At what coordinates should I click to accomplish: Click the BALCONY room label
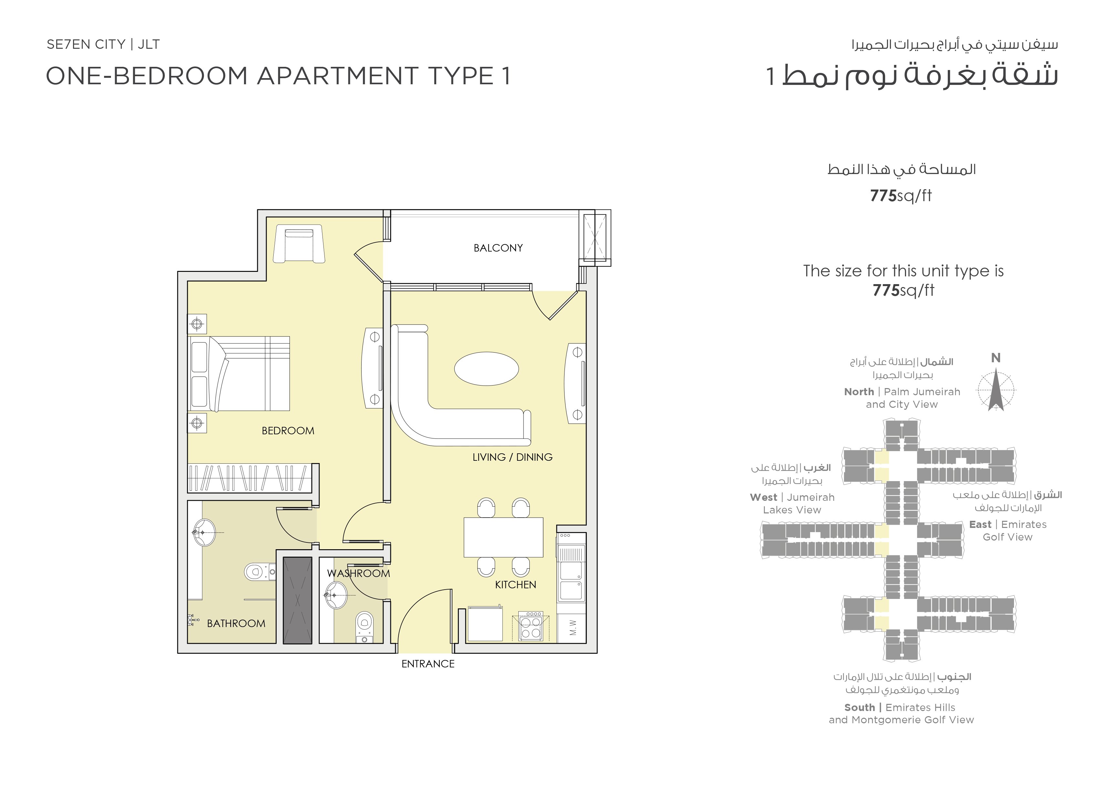pyautogui.click(x=498, y=248)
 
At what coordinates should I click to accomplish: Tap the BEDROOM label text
pyautogui.click(x=288, y=431)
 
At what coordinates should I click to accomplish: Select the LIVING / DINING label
pyautogui.click(x=512, y=457)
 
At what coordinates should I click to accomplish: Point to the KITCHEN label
pyautogui.click(x=515, y=584)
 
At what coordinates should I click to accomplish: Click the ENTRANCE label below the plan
pyautogui.click(x=428, y=664)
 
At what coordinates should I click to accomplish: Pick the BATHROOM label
pyautogui.click(x=236, y=623)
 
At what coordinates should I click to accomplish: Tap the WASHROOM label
pyautogui.click(x=359, y=573)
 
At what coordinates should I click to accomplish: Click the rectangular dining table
pyautogui.click(x=503, y=537)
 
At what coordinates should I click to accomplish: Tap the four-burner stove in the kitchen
pyautogui.click(x=531, y=625)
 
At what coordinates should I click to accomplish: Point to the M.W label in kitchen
pyautogui.click(x=573, y=627)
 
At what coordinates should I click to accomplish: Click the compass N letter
pyautogui.click(x=996, y=358)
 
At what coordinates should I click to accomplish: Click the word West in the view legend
pyautogui.click(x=764, y=497)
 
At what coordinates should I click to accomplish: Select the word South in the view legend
pyautogui.click(x=859, y=707)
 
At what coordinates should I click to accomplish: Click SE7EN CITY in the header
pyautogui.click(x=86, y=45)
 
